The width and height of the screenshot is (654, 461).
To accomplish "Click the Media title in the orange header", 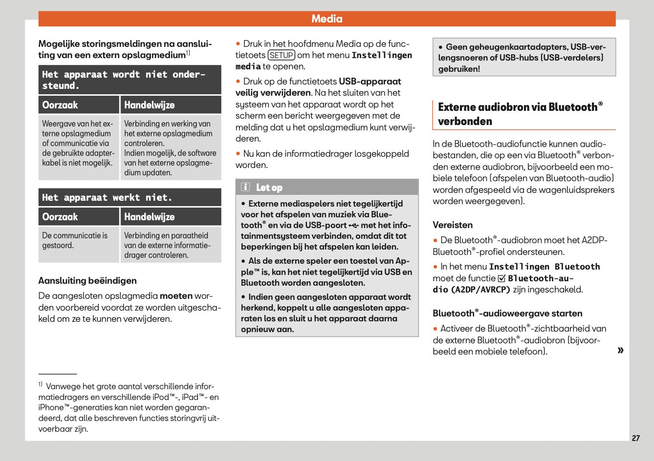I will point(327,19).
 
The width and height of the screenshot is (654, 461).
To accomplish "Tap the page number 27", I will point(635,438).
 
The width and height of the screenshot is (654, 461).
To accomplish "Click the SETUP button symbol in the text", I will point(282,55).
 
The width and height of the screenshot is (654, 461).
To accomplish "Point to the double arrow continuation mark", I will point(620,350).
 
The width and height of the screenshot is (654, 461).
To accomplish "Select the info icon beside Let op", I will point(245,188).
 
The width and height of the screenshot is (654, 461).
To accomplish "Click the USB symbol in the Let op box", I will point(354,225).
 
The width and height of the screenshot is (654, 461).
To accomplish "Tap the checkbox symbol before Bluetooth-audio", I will point(501,278).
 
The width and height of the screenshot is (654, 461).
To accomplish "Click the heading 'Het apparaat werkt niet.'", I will point(108,198).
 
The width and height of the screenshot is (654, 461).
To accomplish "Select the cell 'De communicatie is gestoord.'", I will point(75,240).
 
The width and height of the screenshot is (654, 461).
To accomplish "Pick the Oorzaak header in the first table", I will point(60,105).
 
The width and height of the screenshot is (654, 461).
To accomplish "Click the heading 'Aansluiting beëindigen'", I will point(87,281).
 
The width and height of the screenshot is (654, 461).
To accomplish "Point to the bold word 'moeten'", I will point(176,296).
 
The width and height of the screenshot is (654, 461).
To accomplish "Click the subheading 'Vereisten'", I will point(453,225).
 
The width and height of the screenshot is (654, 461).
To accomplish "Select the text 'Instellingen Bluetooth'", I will point(544,267).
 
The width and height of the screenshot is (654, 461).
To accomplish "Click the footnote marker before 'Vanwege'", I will point(41,384).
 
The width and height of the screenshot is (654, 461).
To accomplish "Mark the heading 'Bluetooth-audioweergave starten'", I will point(507,314).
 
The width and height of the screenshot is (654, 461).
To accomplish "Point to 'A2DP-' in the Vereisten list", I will point(594,240).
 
